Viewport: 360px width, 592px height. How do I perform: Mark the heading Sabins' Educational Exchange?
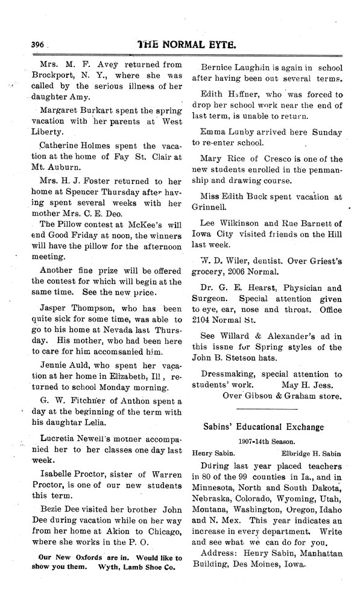tap(267, 427)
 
